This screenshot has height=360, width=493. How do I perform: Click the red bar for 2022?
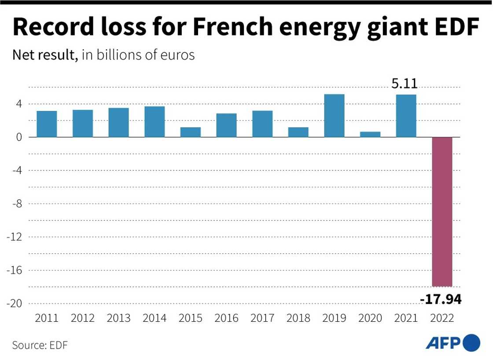pos(441,211)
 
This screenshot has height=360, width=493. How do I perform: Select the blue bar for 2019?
pos(334,116)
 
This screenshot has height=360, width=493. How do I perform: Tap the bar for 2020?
pos(370,134)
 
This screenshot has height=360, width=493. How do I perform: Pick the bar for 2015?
pos(191,132)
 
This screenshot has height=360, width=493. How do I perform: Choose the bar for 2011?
pos(47,124)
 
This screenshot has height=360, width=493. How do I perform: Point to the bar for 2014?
pos(155,121)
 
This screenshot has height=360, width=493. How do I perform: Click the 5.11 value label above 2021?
pos(405,84)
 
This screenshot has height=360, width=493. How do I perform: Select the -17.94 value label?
pos(441,300)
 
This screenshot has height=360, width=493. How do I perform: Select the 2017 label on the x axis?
pos(262,318)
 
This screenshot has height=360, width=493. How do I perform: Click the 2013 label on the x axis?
pos(118,318)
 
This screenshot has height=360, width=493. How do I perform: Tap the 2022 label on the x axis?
pos(441,318)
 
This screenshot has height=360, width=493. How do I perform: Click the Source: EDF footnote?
pos(40,345)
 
